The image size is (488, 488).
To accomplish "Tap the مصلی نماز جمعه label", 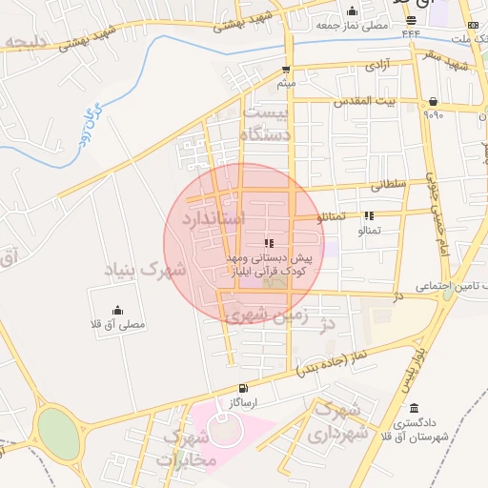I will coord(358,26).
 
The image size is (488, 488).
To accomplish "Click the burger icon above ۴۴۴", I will coord(411,20).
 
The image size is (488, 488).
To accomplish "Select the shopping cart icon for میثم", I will coord(286,70).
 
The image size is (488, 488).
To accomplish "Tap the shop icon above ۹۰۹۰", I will coord(434,101).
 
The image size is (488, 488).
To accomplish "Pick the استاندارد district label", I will coord(206,218).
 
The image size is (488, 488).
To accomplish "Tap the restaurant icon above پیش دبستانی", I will coord(268,242).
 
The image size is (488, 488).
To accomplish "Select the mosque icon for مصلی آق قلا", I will coord(117,310).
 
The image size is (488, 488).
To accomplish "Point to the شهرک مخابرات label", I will coord(189,448).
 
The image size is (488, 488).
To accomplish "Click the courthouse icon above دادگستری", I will coord(414,408).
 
